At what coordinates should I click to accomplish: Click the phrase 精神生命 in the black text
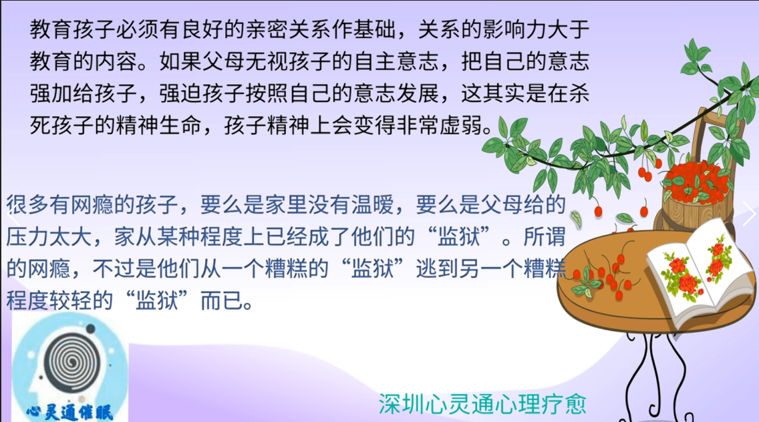(x=159, y=126)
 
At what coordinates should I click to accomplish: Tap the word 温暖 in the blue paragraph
(x=372, y=205)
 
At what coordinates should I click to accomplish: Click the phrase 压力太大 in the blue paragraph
(x=48, y=236)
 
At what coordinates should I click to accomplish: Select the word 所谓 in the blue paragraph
(x=545, y=236)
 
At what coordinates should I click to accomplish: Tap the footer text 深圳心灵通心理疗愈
(x=482, y=404)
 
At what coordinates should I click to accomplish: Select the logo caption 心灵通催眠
(x=69, y=413)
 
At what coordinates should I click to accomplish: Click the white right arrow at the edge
(x=750, y=214)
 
